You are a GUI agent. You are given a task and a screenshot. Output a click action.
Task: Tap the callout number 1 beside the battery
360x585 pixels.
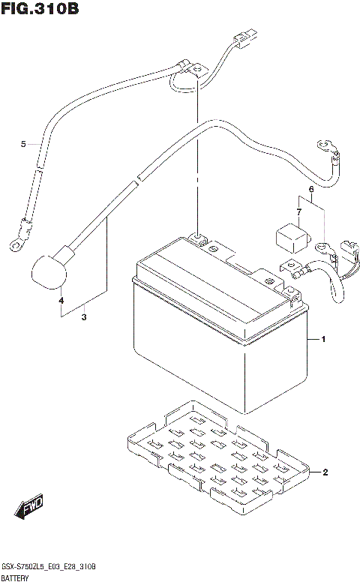click(323, 340)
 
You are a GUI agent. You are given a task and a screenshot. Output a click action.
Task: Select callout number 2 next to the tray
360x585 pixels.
click(325, 472)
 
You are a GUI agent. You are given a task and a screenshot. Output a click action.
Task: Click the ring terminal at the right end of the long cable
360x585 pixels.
click(325, 142)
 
